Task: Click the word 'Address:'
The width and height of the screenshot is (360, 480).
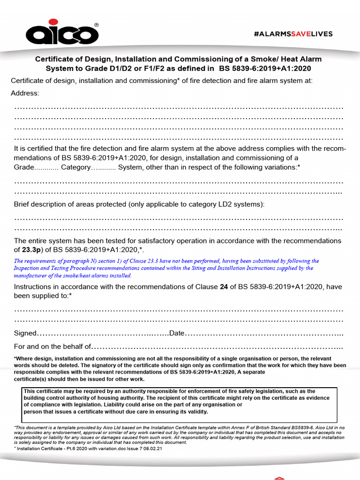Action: coord(25,93)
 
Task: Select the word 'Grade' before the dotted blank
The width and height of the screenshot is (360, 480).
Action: coord(24,167)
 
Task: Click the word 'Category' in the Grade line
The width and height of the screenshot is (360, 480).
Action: coord(75,167)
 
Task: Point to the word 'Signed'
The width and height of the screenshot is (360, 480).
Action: coord(25,333)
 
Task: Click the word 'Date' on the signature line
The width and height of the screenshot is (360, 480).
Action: coord(177,333)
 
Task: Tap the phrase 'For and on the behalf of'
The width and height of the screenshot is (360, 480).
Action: coord(52,346)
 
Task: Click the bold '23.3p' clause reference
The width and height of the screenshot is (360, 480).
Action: coord(31,249)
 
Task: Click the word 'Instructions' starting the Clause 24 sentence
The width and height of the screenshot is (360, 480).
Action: coord(32,287)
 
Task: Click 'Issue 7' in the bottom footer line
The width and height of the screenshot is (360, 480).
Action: coord(134,449)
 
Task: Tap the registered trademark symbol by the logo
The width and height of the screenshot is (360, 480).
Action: coord(97,25)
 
